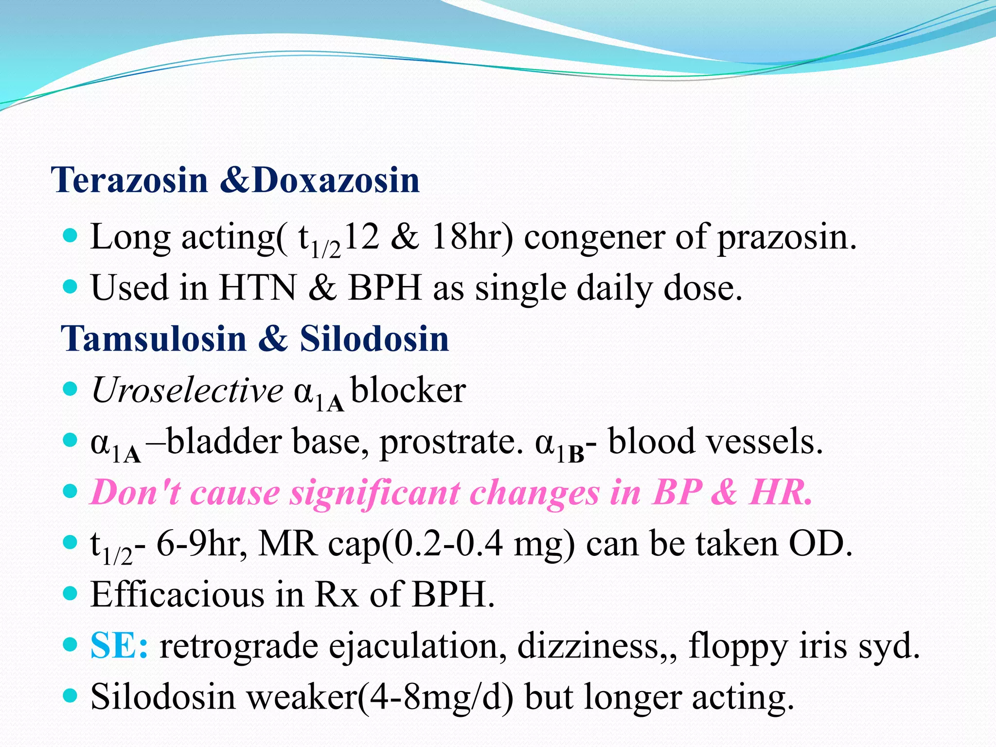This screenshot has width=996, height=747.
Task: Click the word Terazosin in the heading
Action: coord(130,180)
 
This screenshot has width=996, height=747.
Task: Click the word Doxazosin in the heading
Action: coord(336,180)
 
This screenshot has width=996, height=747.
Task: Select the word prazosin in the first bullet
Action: coord(786,238)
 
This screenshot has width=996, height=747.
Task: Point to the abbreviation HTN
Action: coord(257,288)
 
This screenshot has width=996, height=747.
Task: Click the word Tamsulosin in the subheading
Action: coord(154,338)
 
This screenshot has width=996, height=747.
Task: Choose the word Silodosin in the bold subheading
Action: coord(374,338)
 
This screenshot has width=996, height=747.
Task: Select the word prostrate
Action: coord(448,443)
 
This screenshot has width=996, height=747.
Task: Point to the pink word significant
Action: coord(374,493)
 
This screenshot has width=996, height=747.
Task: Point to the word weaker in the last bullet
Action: coord(302,697)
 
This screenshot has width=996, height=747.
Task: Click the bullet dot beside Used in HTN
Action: coord(71,286)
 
